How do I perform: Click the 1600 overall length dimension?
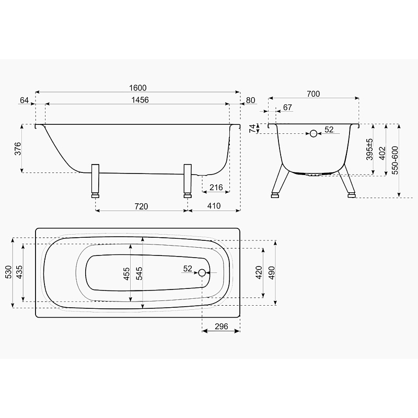[138, 88]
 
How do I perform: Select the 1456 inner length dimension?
[140, 100]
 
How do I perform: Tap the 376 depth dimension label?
[18, 149]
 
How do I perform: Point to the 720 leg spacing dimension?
[141, 206]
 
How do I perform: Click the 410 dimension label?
[214, 206]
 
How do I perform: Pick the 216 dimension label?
[216, 188]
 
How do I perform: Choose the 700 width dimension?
[313, 94]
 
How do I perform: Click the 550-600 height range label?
[395, 160]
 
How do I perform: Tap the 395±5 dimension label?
[369, 149]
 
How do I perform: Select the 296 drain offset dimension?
[221, 326]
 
